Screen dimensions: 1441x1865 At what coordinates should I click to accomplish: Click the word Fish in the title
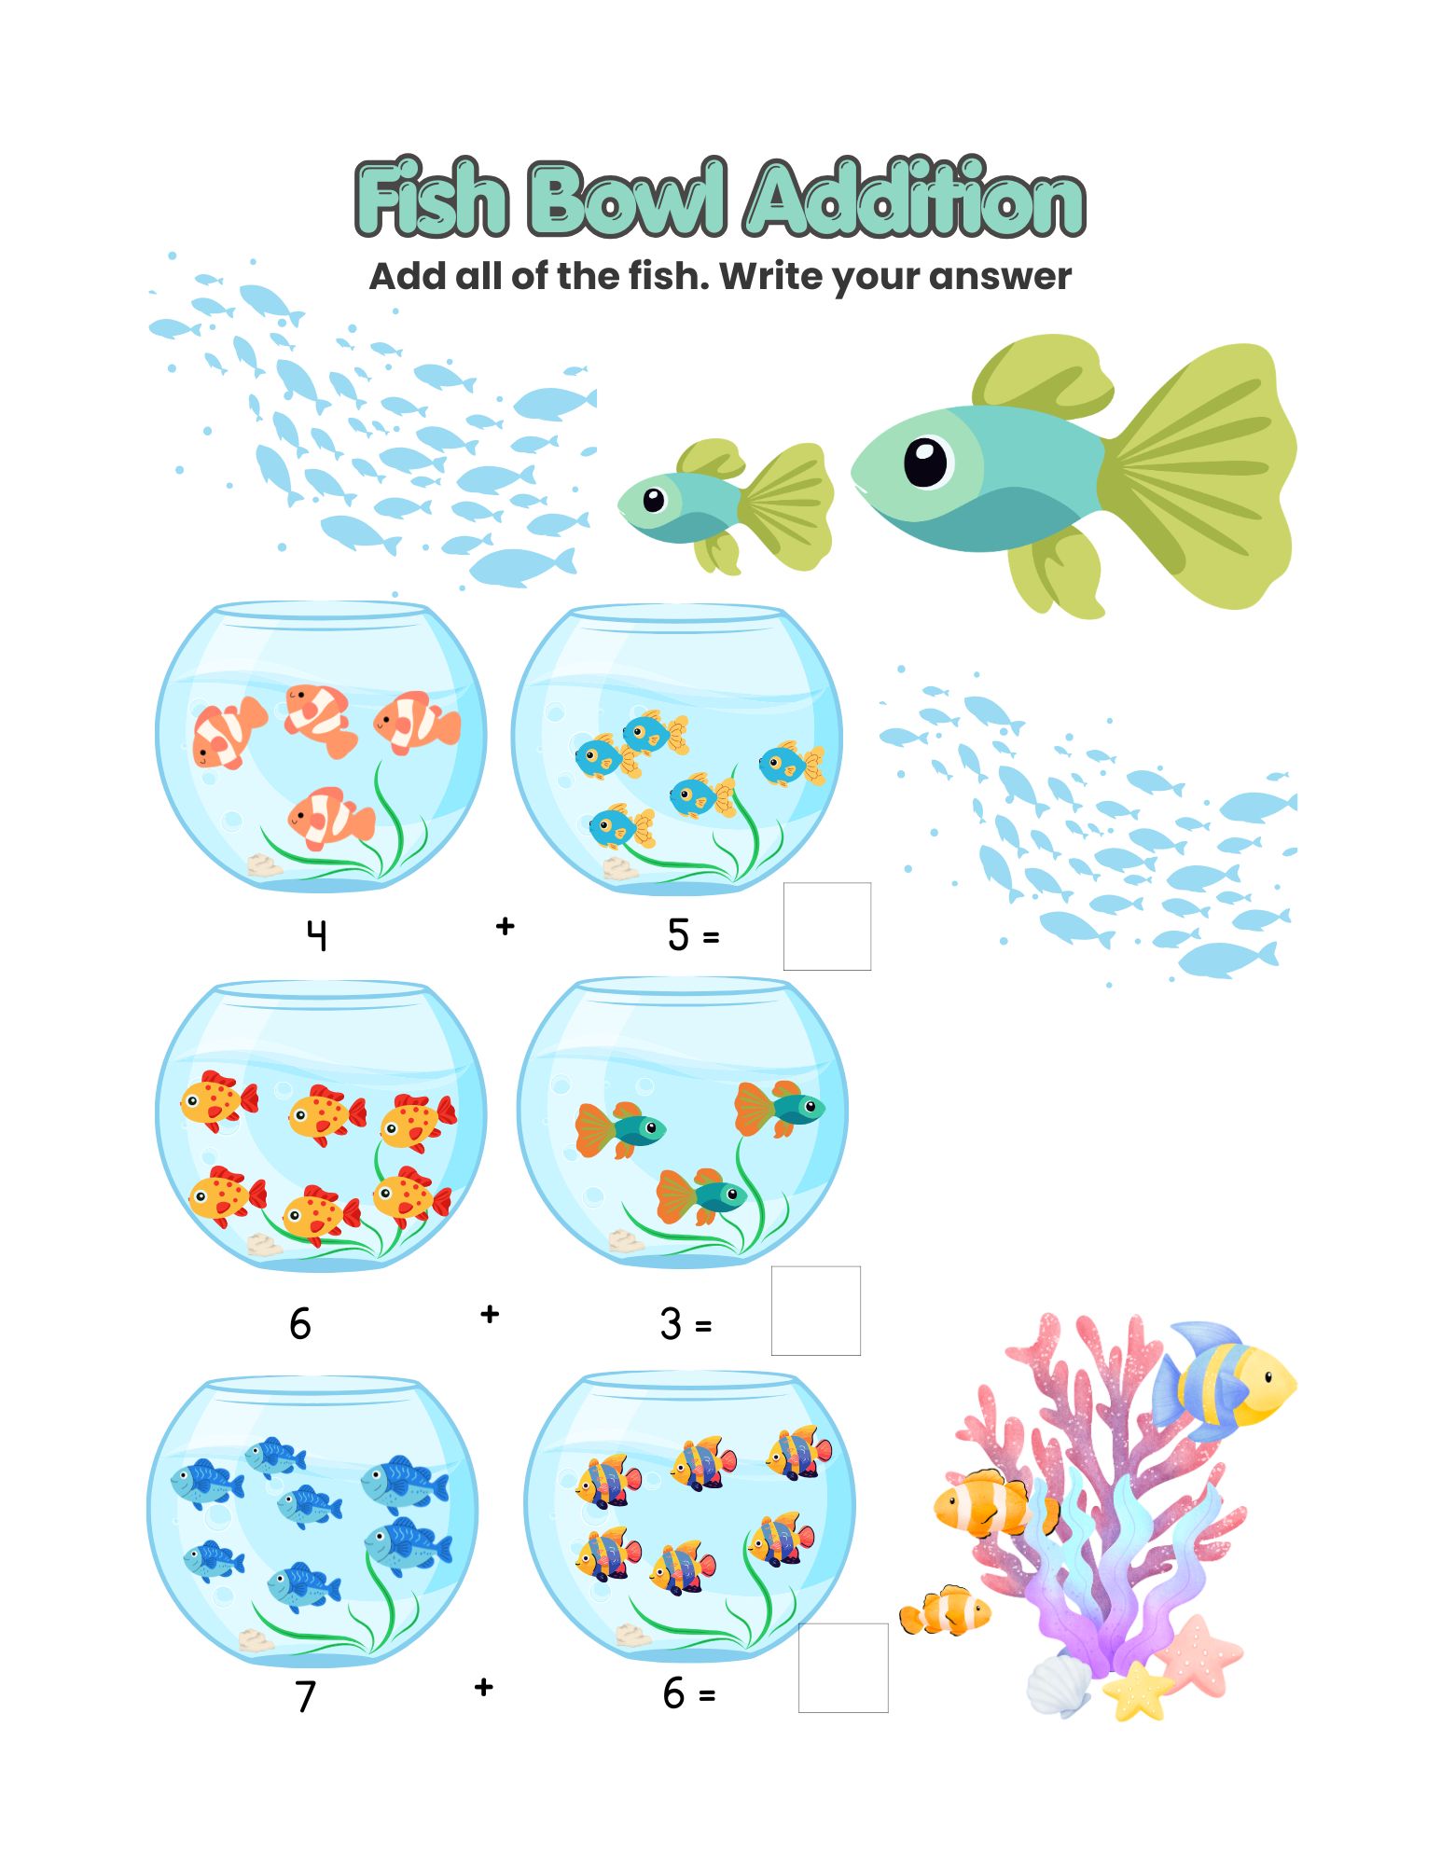coord(432,198)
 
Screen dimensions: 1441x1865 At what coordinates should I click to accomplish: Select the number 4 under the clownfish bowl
coord(317,934)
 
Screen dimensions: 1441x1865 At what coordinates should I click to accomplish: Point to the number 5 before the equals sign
coord(678,934)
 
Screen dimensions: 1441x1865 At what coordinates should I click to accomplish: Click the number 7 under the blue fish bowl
coord(306,1695)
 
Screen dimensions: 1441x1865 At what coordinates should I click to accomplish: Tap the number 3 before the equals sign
coord(671,1323)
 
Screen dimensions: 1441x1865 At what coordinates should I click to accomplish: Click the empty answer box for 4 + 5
coord(827,926)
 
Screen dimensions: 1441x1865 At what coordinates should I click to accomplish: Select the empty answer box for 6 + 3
coord(816,1310)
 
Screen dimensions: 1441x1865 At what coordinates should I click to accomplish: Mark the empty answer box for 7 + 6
coord(843,1668)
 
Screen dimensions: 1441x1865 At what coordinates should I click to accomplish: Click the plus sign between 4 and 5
coord(506,926)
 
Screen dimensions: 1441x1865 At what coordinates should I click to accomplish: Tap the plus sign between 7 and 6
coord(483,1687)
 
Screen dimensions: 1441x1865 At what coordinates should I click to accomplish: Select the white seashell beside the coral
coord(1060,1684)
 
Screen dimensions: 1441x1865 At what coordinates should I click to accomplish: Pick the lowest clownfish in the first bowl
coord(331,818)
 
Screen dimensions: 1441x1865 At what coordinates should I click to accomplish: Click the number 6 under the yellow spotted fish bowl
coord(299,1323)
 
